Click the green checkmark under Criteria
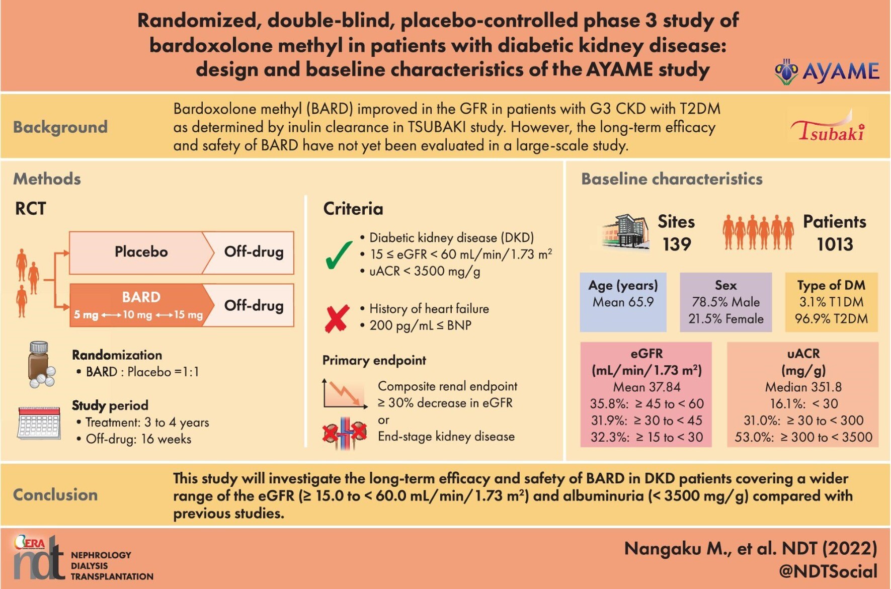pos(339,255)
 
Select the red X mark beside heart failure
pos(337,318)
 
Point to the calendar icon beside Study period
pos(39,423)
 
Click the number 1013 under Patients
pos(835,244)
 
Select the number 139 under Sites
pos(677,244)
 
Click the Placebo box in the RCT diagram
pos(141,252)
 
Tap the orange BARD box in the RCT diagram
pos(141,305)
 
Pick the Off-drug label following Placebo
pos(254,251)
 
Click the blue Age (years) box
pos(623,302)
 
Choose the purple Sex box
pos(725,302)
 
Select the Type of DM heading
pos(831,285)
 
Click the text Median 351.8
pos(803,387)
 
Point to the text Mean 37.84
pos(646,387)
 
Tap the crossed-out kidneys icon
pos(345,433)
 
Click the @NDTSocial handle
pos(828,571)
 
